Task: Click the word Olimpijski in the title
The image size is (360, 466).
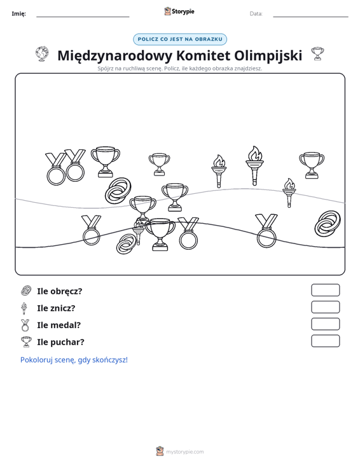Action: [x=268, y=56]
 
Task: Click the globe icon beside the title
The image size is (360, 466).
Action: [x=42, y=54]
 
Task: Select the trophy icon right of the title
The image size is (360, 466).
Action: [x=317, y=53]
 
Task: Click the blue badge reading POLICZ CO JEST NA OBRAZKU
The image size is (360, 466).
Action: [x=180, y=39]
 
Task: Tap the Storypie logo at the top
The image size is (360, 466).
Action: [x=179, y=11]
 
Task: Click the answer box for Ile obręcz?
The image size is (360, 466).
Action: [x=325, y=290]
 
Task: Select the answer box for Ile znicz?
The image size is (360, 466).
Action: [x=325, y=307]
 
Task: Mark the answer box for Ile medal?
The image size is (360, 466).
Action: [x=325, y=324]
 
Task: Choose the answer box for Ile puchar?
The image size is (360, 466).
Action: [x=325, y=341]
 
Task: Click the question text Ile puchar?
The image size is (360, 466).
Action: [x=60, y=342]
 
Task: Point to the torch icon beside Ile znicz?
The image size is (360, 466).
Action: [x=24, y=308]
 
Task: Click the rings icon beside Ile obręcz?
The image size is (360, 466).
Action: [x=26, y=291]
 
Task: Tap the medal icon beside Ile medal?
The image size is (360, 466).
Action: [x=25, y=325]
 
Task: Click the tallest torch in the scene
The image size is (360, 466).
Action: [x=254, y=165]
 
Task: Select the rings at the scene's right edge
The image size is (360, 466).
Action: [x=328, y=224]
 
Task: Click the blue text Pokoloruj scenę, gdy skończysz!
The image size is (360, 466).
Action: [x=74, y=360]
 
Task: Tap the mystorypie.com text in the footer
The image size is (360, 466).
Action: [x=184, y=452]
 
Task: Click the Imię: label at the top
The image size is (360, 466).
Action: [x=18, y=14]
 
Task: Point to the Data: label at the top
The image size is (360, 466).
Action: [x=256, y=14]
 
